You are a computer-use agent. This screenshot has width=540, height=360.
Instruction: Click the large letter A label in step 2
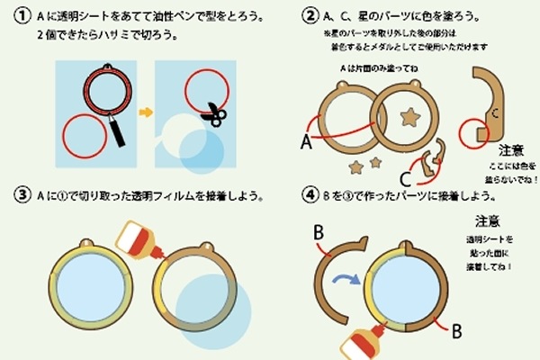click(307, 140)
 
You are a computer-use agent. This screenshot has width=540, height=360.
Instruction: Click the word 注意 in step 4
click(487, 220)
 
